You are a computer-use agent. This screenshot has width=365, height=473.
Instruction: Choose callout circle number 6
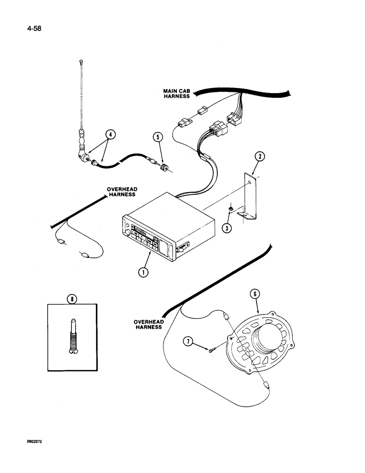[255, 295]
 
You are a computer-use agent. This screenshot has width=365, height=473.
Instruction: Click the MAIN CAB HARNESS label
[176, 93]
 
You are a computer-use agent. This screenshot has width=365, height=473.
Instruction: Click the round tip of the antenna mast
[82, 61]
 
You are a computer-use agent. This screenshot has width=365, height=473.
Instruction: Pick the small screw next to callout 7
[211, 350]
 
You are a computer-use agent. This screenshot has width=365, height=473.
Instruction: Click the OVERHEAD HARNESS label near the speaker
[148, 324]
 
